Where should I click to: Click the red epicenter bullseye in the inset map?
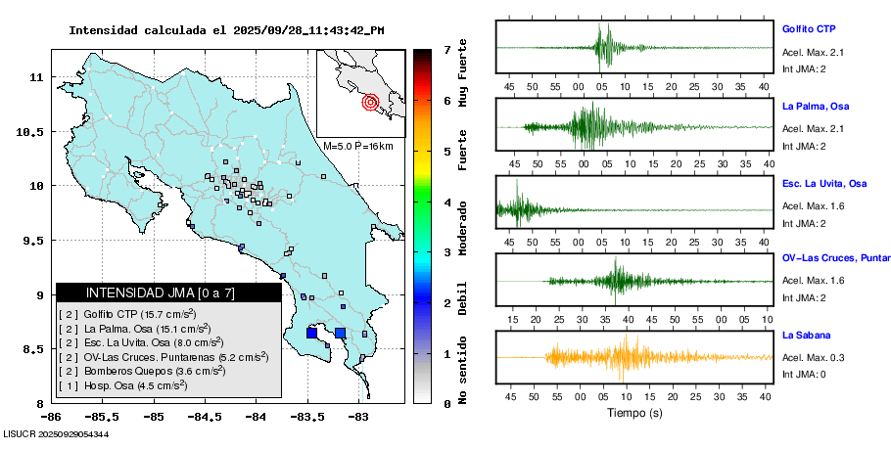[370, 101]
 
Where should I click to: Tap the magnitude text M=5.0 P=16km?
[357, 146]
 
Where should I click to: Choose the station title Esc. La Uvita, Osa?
[824, 184]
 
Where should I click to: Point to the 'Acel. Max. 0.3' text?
[814, 357]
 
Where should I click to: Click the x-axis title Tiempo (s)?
[633, 414]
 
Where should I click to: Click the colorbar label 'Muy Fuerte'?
[462, 74]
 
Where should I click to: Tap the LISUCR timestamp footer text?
[57, 433]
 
